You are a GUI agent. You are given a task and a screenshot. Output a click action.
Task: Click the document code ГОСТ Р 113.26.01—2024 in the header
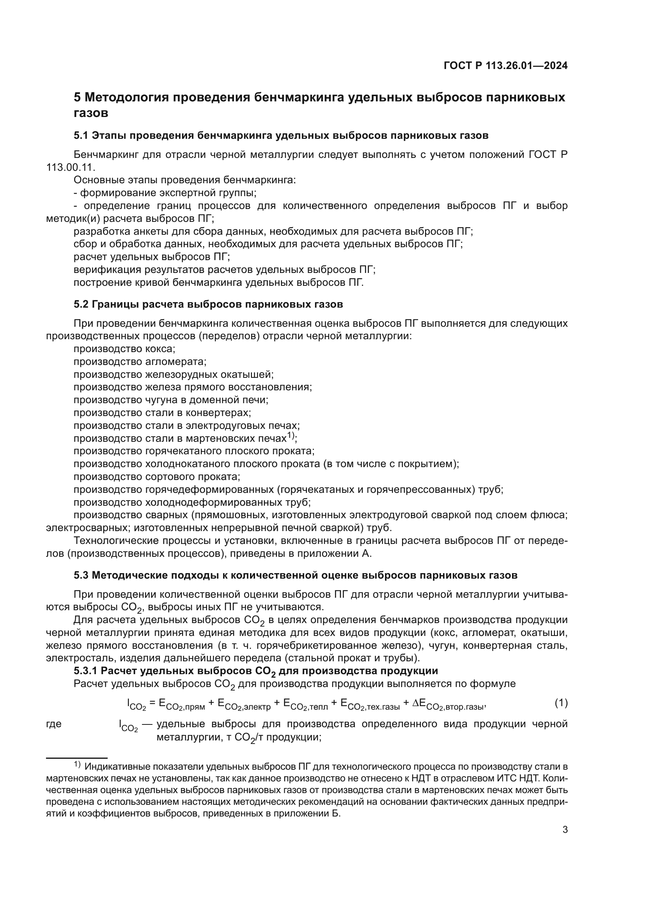pyautogui.click(x=505, y=66)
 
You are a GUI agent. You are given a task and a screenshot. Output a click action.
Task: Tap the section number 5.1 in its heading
pyautogui.click(x=82, y=135)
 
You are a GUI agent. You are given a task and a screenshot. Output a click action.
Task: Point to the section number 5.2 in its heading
pyautogui.click(x=82, y=304)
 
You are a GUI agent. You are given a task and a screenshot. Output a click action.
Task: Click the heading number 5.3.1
pyautogui.click(x=86, y=671)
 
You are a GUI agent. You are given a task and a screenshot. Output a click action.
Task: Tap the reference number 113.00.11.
pyautogui.click(x=70, y=167)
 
